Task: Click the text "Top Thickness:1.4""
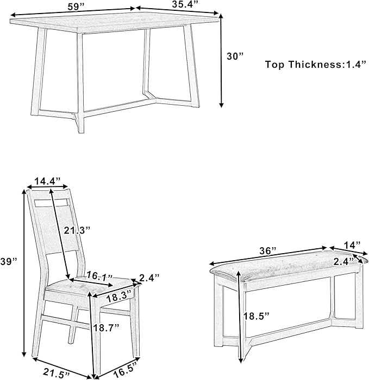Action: coord(313,65)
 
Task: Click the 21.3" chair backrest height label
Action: coord(77,230)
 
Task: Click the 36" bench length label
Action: coord(267,250)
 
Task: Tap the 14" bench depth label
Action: coord(352,246)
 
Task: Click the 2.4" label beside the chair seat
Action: coord(148,279)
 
